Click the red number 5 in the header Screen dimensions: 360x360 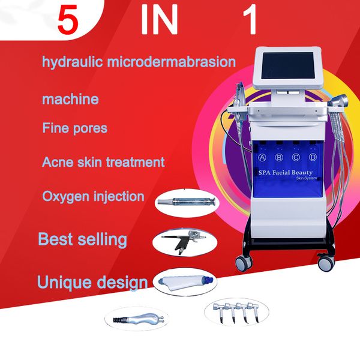coord(68,20)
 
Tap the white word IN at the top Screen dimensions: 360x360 coord(159,19)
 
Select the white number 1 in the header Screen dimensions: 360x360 coord(250,19)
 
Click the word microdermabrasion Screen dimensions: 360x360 coord(172,62)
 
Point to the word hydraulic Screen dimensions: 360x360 coord(73,62)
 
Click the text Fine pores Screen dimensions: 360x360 coord(75,128)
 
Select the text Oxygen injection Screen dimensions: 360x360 coord(93,197)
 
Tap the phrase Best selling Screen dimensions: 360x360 coord(82,239)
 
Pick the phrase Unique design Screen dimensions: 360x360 coord(92,283)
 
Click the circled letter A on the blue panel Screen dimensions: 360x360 coord(262,157)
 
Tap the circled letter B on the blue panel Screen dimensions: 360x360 coord(279,157)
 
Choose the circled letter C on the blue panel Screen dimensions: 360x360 coord(296,157)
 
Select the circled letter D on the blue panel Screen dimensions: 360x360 coord(313,157)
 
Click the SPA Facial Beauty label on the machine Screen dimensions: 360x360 coord(286,173)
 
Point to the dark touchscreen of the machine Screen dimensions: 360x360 coord(289,65)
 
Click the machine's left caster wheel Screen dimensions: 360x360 coord(244,263)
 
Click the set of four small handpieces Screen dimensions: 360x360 coord(236,312)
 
